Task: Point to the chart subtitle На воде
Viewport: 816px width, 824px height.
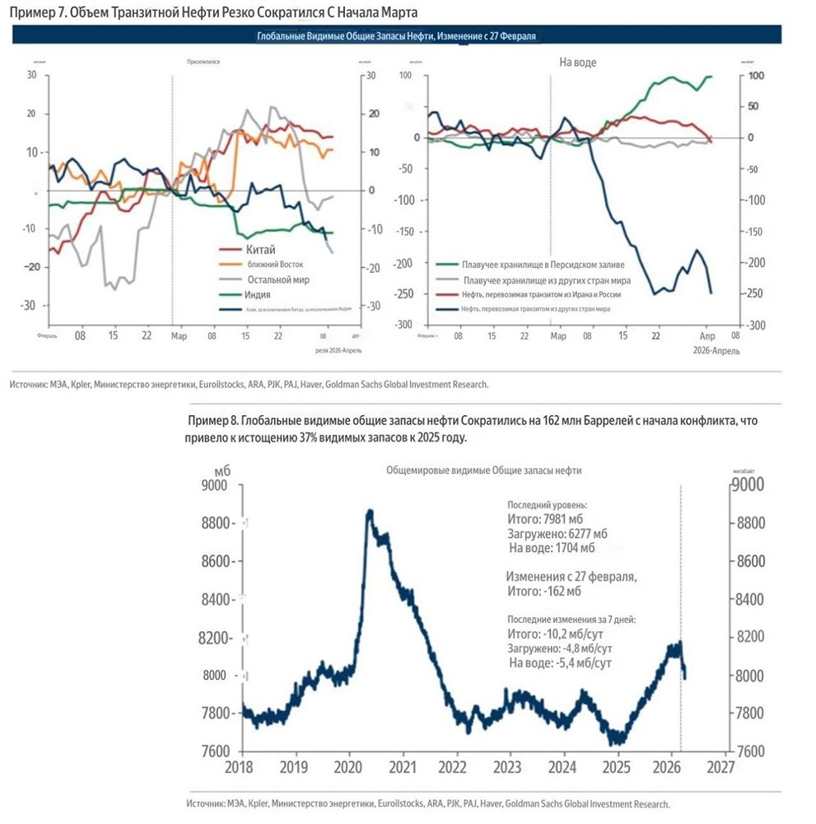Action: click(x=578, y=63)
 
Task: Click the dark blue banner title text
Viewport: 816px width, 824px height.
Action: click(x=397, y=35)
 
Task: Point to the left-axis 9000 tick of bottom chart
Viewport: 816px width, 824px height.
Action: click(x=217, y=486)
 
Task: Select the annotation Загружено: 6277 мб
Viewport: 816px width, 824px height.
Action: click(x=557, y=533)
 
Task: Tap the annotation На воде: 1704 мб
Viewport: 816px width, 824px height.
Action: click(x=552, y=547)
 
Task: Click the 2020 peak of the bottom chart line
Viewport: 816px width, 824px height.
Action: click(x=370, y=513)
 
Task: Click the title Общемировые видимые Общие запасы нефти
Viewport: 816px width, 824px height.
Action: click(x=483, y=470)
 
